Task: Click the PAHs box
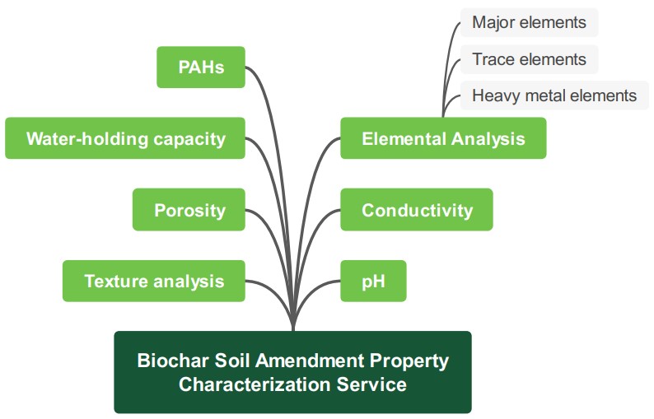click(x=201, y=67)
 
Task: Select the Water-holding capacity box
click(x=125, y=138)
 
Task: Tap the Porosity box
click(x=189, y=210)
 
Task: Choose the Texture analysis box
click(x=154, y=281)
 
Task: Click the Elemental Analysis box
click(x=443, y=138)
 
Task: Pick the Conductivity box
click(x=417, y=210)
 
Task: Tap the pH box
click(x=373, y=281)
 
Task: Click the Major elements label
click(x=528, y=22)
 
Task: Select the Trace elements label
click(x=528, y=59)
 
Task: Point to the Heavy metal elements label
click(x=554, y=95)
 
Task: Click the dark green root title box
click(x=292, y=372)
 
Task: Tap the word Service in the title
click(x=374, y=384)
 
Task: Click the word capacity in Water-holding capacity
click(x=189, y=138)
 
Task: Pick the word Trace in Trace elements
click(x=493, y=59)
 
